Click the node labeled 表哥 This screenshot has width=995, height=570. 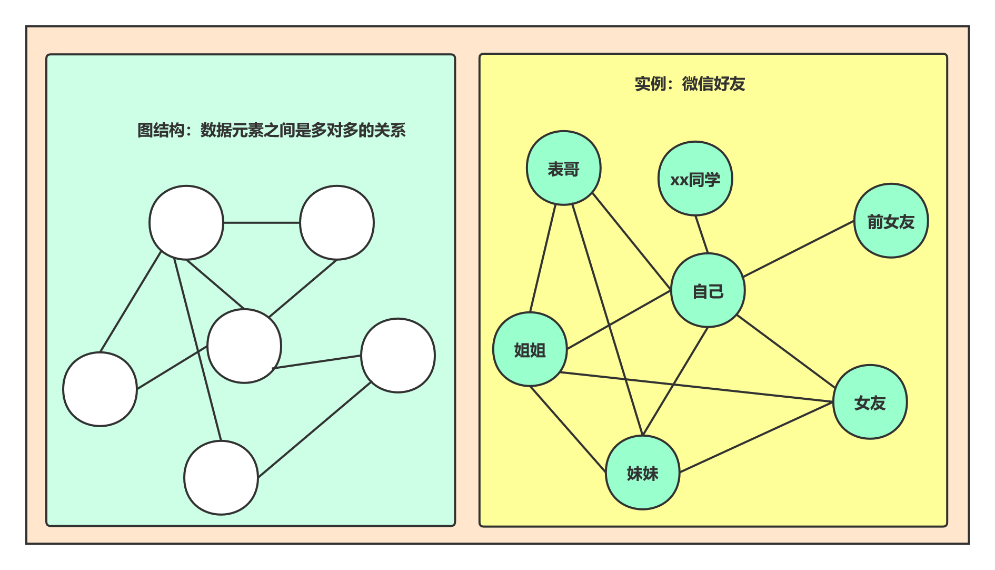(x=563, y=168)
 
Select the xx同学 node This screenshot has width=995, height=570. (x=695, y=179)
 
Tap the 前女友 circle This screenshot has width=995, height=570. (x=891, y=221)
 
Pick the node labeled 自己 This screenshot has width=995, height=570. (x=708, y=290)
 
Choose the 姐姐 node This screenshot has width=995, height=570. (x=530, y=349)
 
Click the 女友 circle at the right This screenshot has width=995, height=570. (x=870, y=402)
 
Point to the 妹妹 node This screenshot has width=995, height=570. (x=642, y=473)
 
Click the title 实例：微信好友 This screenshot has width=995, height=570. (x=690, y=84)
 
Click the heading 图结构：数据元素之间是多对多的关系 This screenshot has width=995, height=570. (x=271, y=130)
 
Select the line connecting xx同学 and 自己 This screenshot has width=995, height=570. (x=702, y=234)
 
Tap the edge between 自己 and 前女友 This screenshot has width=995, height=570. (x=799, y=249)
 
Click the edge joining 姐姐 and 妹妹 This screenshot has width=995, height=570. (x=568, y=429)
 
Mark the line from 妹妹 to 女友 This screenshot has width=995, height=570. (x=756, y=437)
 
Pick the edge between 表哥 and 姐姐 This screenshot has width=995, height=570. (x=543, y=258)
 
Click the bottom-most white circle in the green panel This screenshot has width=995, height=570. (x=221, y=478)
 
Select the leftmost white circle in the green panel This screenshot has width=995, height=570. (x=100, y=389)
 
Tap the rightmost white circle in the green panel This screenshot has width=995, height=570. (x=398, y=356)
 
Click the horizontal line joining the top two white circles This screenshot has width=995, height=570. (x=262, y=223)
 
